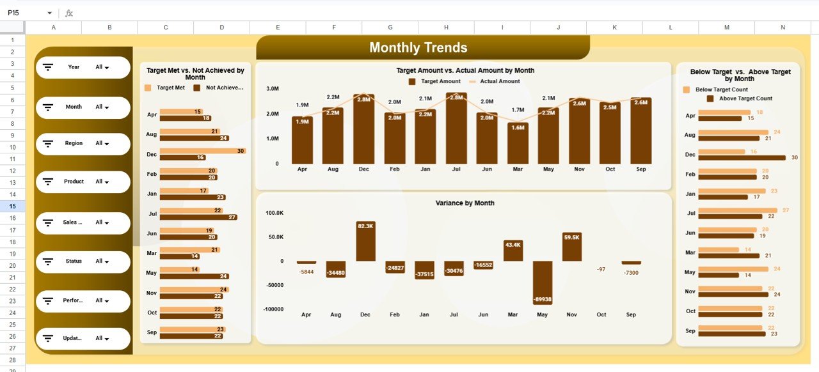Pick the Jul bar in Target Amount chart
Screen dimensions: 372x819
456,128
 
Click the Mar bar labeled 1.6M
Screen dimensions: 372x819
518,143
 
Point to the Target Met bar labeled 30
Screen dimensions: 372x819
202,151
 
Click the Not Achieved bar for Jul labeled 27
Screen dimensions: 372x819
198,217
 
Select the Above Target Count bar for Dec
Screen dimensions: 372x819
742,157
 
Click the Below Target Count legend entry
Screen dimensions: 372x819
720,90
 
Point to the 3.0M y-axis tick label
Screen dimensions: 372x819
272,89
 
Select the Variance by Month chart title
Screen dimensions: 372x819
465,203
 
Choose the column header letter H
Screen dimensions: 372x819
446,27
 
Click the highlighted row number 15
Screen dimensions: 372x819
13,206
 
